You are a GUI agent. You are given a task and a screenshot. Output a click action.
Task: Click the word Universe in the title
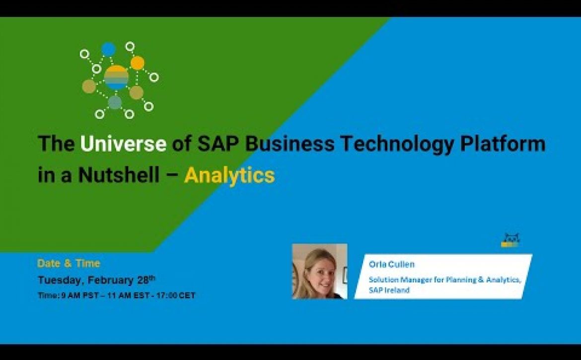point(123,144)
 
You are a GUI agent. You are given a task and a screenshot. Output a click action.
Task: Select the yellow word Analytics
point(229,175)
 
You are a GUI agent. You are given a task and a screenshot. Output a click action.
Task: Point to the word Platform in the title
point(503,144)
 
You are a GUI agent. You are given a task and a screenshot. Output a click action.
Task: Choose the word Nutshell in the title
point(119,175)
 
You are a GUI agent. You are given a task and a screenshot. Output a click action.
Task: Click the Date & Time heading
point(69,263)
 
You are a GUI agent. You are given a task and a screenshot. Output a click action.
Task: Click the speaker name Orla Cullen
point(392,264)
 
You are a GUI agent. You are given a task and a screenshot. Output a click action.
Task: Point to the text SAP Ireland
point(389,290)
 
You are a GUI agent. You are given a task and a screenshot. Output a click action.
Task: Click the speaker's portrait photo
point(320,271)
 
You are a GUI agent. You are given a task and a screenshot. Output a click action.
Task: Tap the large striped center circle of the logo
point(116,78)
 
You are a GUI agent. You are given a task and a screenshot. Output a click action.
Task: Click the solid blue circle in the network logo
point(108,49)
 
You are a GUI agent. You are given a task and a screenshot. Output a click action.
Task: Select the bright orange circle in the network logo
point(138,63)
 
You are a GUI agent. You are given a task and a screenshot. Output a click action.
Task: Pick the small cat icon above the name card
point(510,240)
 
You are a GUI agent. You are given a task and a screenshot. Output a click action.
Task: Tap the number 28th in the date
point(146,280)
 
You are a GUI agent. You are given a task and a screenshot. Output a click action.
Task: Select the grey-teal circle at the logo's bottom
point(115,102)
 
